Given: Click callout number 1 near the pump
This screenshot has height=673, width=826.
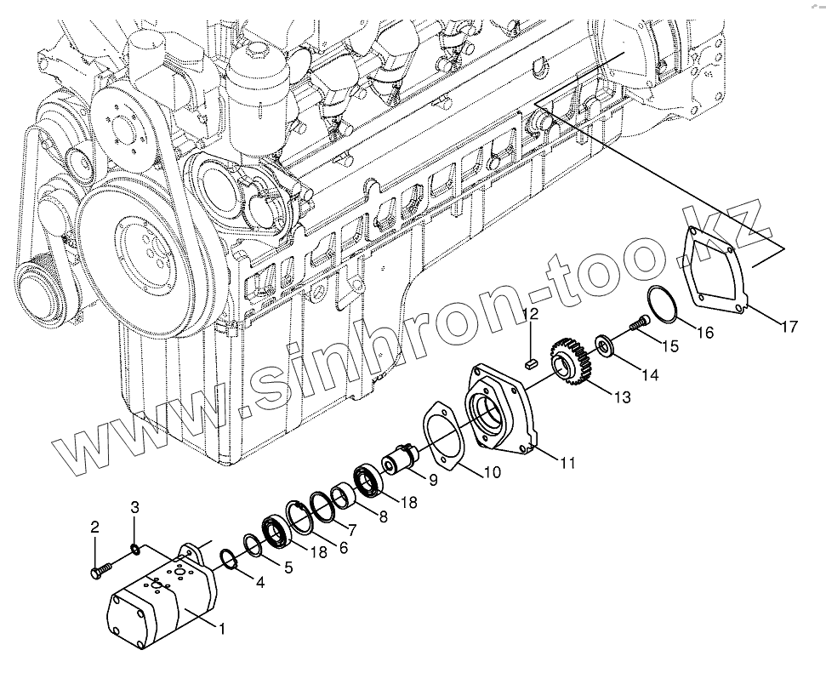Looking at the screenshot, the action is pyautogui.click(x=221, y=629).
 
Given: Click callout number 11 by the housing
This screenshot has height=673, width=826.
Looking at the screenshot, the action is pyautogui.click(x=567, y=463).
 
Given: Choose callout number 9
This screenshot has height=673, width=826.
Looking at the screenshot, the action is pyautogui.click(x=433, y=481).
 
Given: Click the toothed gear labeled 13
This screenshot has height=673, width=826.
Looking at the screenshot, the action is pyautogui.click(x=572, y=362).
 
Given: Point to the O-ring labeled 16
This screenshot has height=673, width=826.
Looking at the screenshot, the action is pyautogui.click(x=664, y=304).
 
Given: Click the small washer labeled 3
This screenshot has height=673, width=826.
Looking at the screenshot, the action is pyautogui.click(x=134, y=548).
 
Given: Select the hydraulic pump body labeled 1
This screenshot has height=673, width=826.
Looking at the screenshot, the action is pyautogui.click(x=162, y=600).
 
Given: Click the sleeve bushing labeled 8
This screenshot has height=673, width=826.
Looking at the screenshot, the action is pyautogui.click(x=343, y=494).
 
